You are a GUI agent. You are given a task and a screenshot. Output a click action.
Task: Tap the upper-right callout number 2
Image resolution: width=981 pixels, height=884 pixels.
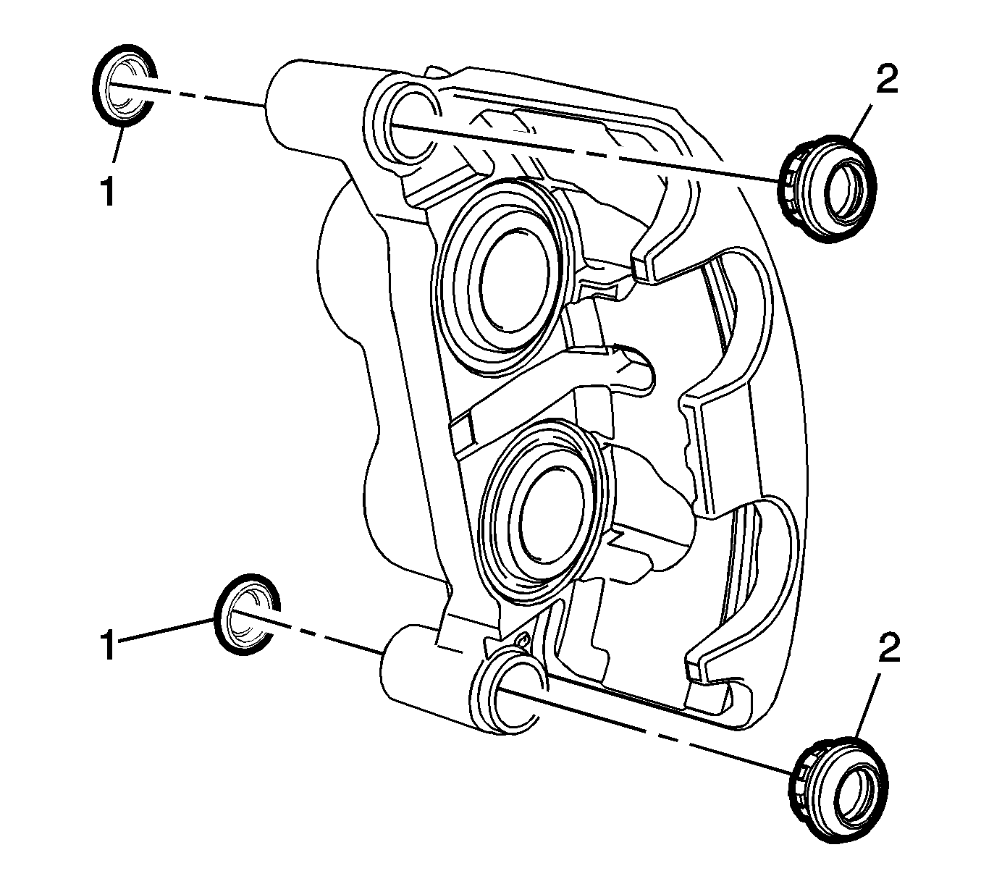[x=888, y=80]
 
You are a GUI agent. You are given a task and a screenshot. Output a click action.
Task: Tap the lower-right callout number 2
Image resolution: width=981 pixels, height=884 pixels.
[x=888, y=649]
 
